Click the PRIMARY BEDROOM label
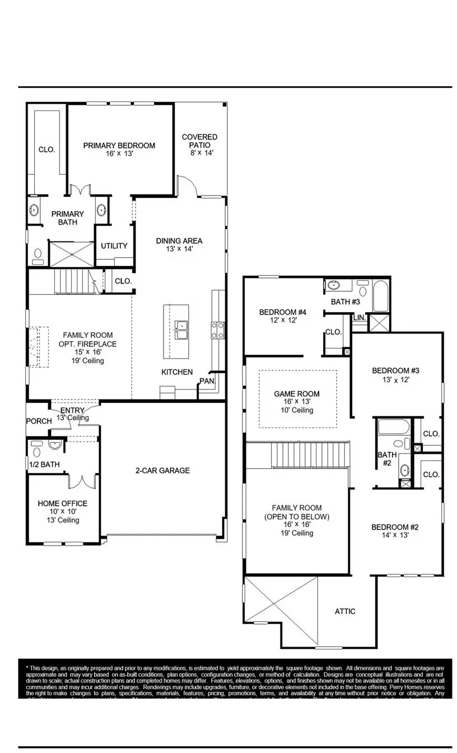tap(119, 146)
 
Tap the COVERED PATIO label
tap(199, 137)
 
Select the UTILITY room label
tap(114, 246)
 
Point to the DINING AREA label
tap(179, 241)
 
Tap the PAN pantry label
tap(206, 382)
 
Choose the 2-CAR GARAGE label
tap(162, 471)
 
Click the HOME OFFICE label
tap(62, 503)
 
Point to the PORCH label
tap(39, 421)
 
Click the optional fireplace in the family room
tap(36, 347)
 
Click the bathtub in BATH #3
tap(381, 297)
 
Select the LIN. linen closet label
tap(358, 318)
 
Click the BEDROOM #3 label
tap(395, 370)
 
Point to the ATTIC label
tap(345, 611)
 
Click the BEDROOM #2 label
tap(395, 527)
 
